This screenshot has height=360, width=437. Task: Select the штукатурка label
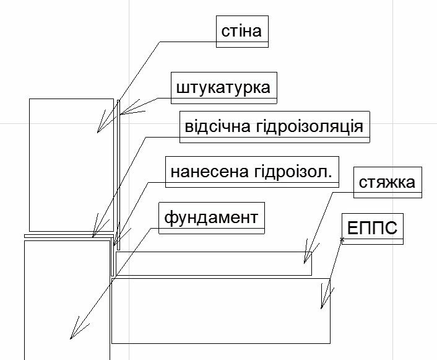(223, 87)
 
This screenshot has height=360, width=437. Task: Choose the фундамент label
(211, 217)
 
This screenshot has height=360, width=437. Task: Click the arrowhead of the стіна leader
(98, 131)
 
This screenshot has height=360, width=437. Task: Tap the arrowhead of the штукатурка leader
(123, 113)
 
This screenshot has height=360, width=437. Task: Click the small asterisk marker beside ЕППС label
(341, 239)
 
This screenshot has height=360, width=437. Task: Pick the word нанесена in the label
(199, 171)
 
